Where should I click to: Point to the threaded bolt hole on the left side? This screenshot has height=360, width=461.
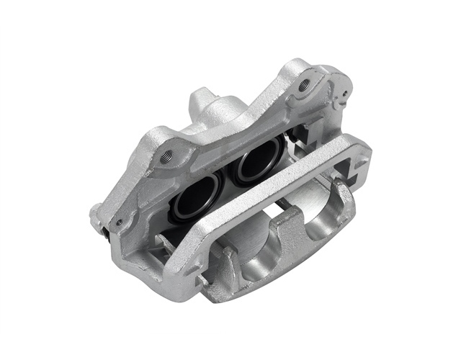(167, 157)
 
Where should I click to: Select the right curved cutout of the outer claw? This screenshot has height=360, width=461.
(326, 209)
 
